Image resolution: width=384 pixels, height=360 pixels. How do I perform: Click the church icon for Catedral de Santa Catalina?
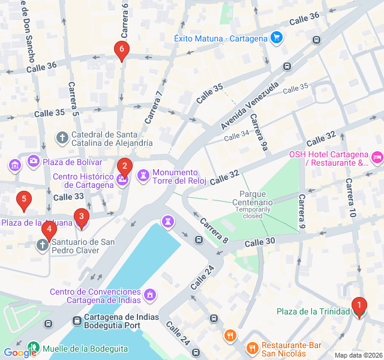tap(62, 139)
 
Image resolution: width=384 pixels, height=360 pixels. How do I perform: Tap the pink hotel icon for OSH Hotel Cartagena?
tap(377, 158)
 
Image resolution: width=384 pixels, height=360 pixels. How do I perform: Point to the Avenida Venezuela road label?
tap(250, 106)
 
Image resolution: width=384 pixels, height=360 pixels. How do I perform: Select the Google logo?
tap(20, 353)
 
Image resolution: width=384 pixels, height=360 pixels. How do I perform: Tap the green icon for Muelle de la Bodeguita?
tap(34, 347)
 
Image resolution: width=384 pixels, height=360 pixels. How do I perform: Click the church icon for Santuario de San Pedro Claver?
tap(42, 245)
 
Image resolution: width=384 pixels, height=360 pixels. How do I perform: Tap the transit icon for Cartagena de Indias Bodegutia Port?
tap(77, 321)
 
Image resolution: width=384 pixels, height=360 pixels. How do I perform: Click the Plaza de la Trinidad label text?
tap(313, 311)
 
